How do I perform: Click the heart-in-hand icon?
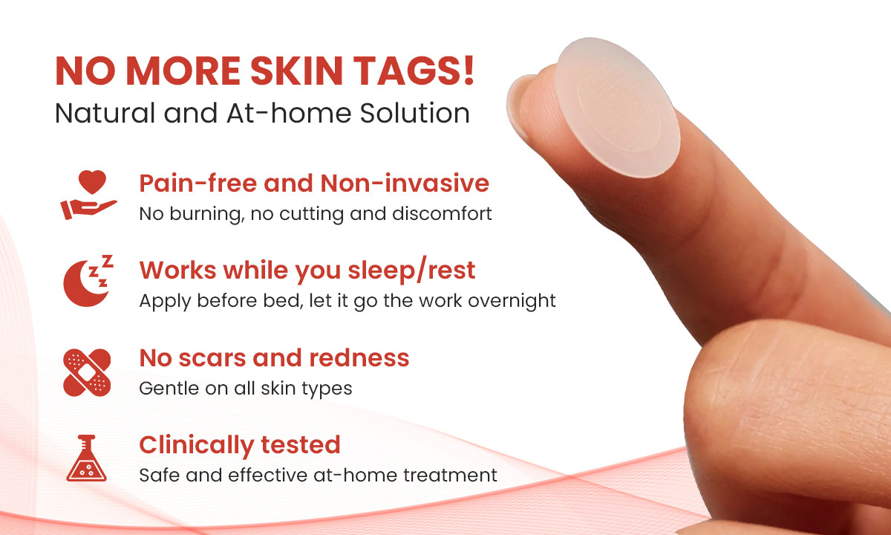[88, 195]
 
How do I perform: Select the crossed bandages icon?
[87, 372]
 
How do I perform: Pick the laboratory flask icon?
[87, 458]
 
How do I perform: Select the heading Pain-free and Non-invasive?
[314, 183]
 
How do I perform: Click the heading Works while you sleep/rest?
[307, 270]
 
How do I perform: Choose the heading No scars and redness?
[274, 357]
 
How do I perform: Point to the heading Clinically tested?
[240, 444]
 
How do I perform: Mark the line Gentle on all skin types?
[245, 388]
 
